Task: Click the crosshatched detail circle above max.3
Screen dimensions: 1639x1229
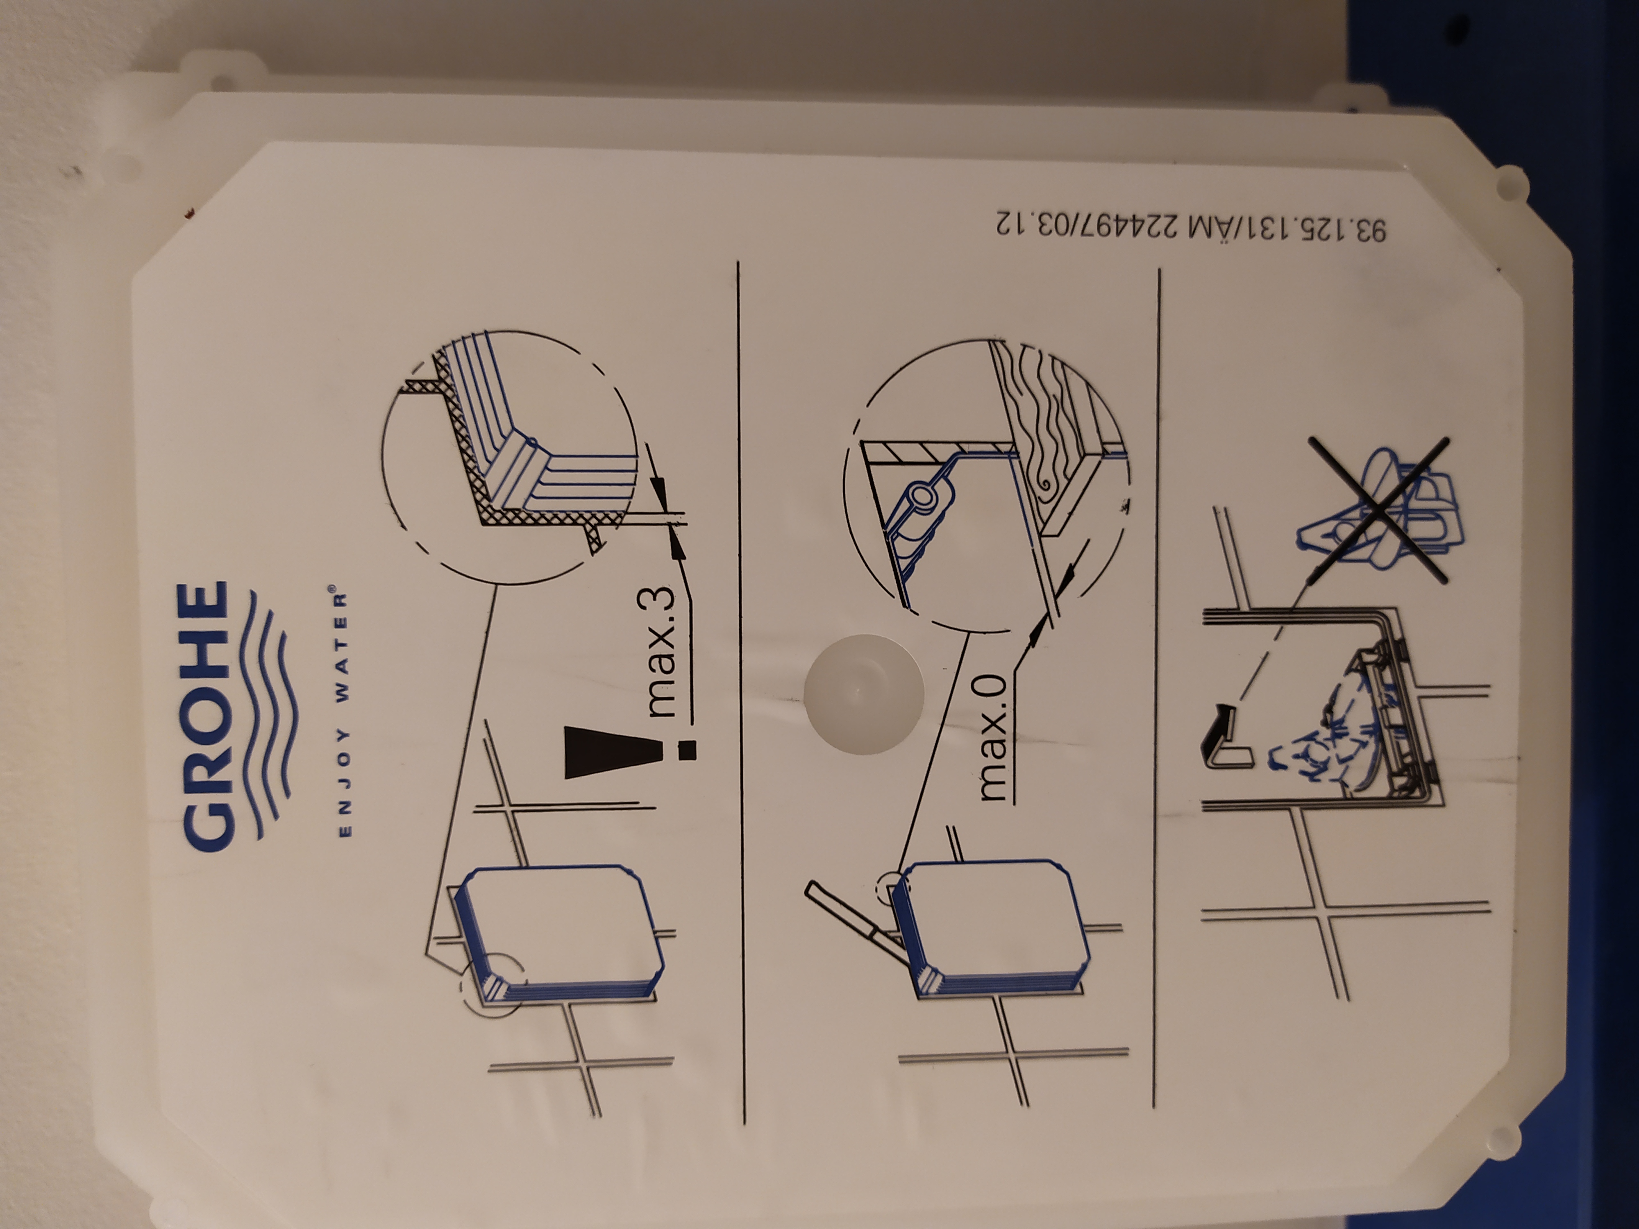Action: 510,457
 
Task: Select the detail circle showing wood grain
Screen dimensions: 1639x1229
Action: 987,485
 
